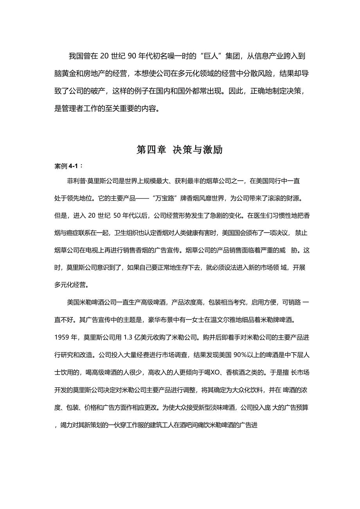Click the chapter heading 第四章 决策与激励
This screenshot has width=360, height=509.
[x=180, y=150]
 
